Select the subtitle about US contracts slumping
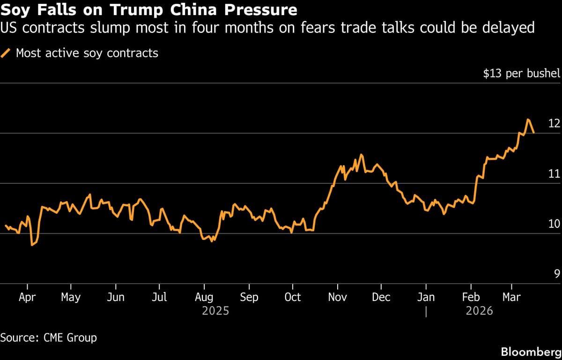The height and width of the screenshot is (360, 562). click(x=267, y=28)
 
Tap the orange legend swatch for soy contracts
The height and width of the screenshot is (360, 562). click(x=7, y=53)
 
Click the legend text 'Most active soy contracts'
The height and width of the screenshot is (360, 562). click(x=87, y=53)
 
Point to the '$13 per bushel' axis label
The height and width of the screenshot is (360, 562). click(x=522, y=74)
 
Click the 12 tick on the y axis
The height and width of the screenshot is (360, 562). click(x=554, y=123)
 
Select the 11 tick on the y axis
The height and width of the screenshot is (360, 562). click(x=554, y=173)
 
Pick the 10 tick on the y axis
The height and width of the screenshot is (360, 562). click(x=554, y=224)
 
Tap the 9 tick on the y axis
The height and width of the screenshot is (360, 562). click(x=557, y=274)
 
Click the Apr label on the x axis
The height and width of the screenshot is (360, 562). click(x=28, y=297)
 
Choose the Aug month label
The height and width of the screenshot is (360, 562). click(x=204, y=297)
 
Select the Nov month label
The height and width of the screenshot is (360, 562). click(x=337, y=297)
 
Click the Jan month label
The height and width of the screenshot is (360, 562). click(x=426, y=297)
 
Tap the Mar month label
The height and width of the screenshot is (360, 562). click(x=511, y=297)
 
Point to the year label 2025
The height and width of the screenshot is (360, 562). click(x=215, y=310)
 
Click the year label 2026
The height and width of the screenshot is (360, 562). click(x=479, y=310)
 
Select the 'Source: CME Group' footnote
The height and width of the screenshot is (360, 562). click(x=49, y=337)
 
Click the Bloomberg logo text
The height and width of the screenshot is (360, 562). click(x=531, y=352)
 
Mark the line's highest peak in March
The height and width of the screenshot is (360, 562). click(x=528, y=120)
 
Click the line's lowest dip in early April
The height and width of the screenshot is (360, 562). click(x=32, y=245)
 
